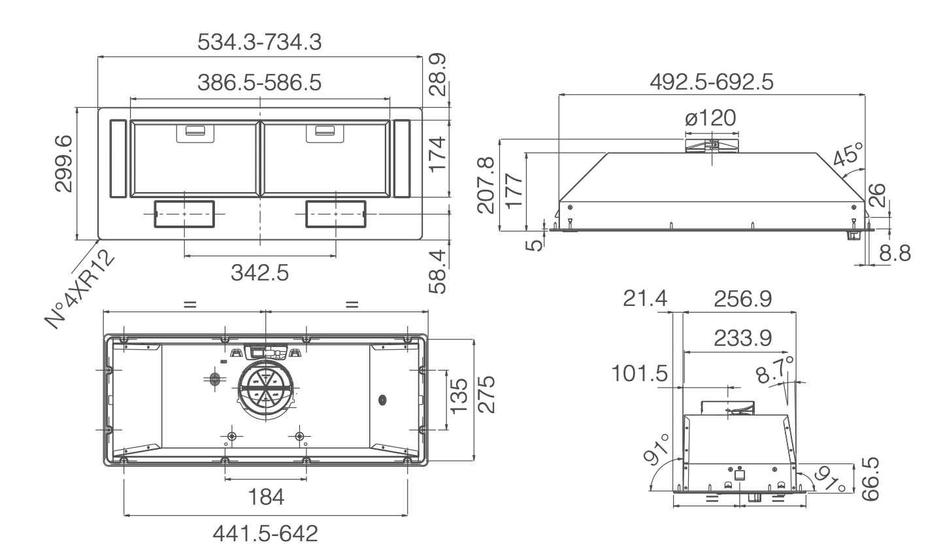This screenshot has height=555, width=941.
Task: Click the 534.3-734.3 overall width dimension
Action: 259,42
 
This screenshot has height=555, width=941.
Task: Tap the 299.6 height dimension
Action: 63,163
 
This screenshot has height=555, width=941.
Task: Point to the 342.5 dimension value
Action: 259,273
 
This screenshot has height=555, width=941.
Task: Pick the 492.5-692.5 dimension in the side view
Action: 712,82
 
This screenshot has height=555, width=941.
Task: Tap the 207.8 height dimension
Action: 486,185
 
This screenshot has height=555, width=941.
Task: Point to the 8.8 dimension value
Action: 893,254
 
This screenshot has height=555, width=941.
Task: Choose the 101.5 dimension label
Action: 640,375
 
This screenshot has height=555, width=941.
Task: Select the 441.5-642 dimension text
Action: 266,534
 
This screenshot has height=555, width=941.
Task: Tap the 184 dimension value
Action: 266,497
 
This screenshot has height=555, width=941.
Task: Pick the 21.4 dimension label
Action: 645,299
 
